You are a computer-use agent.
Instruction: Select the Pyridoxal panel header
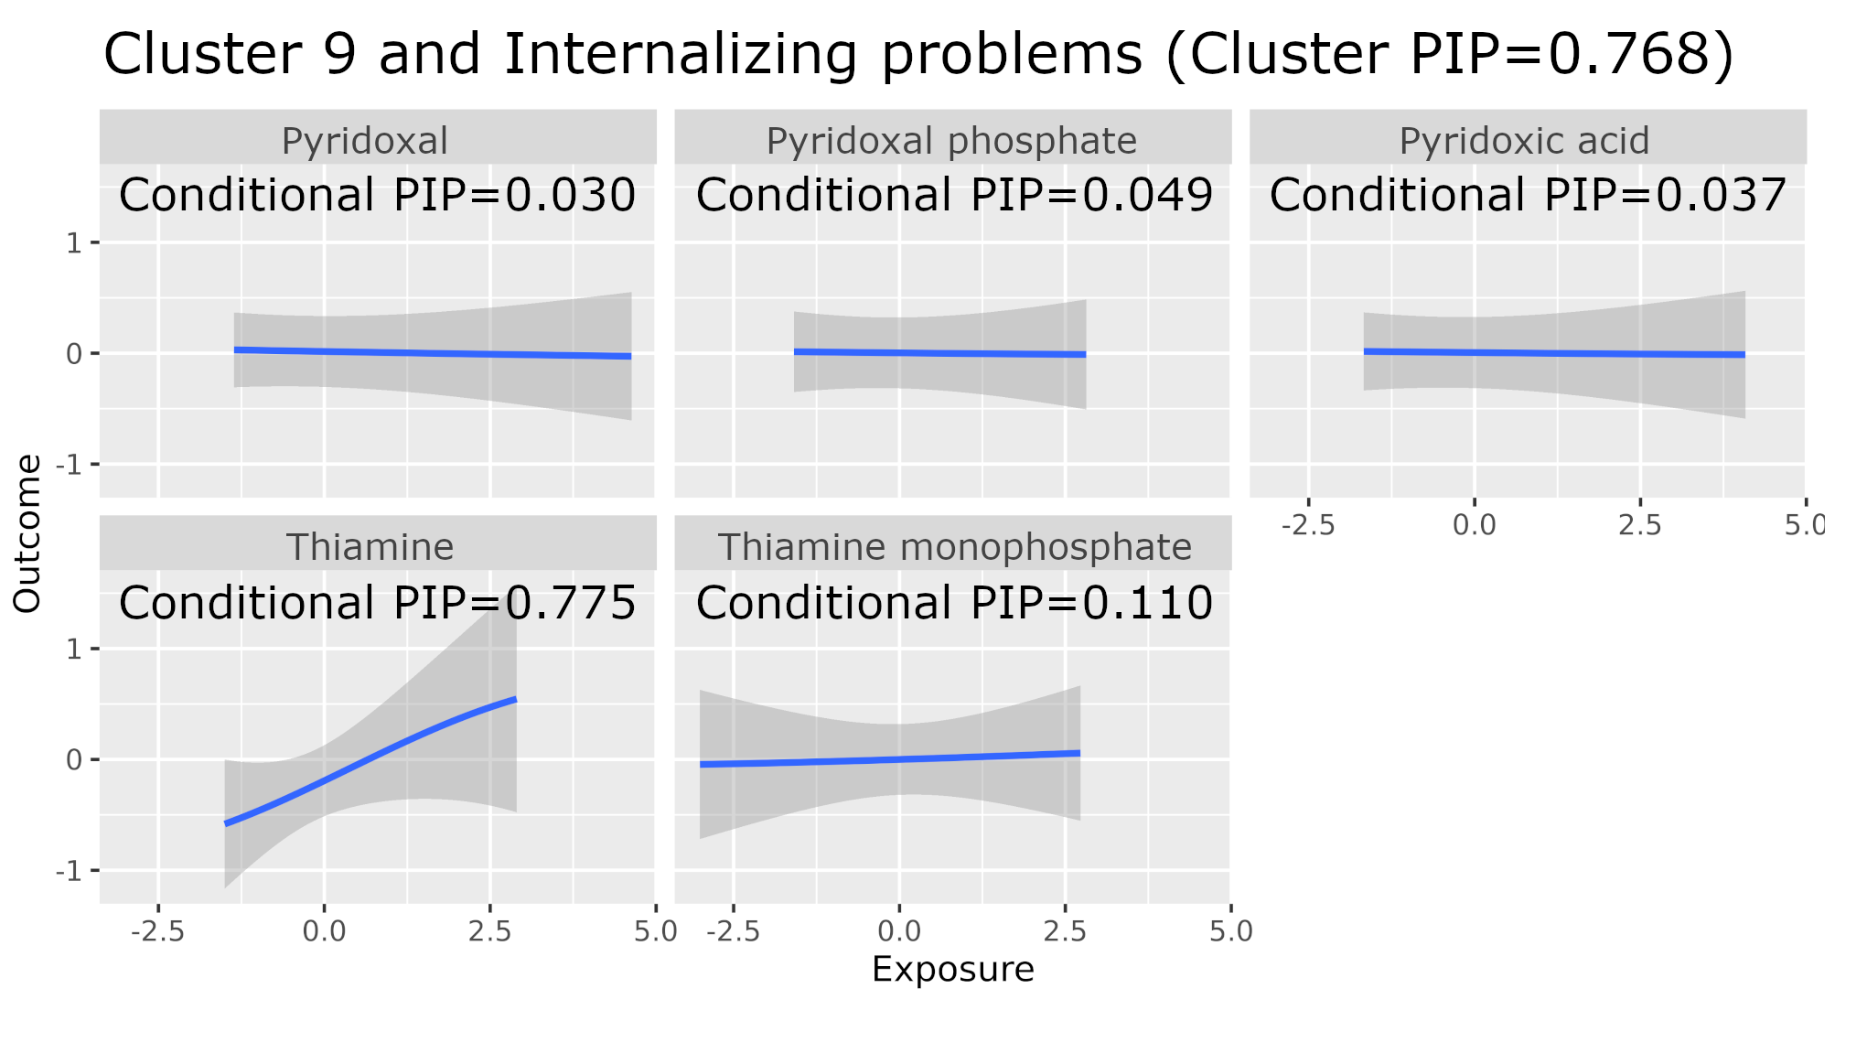click(364, 141)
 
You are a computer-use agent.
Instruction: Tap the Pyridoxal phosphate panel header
click(951, 141)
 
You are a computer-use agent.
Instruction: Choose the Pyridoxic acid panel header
click(1524, 141)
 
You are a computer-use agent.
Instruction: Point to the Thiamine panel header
click(370, 547)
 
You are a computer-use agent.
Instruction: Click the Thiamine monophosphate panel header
click(954, 547)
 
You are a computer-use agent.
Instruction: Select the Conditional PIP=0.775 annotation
click(377, 603)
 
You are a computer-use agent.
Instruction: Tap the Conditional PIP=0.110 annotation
click(954, 603)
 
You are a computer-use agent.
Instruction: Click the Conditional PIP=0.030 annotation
click(377, 195)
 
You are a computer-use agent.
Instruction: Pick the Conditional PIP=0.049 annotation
click(954, 195)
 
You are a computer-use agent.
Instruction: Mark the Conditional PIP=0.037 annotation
click(1528, 195)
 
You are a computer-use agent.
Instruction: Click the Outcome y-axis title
click(27, 533)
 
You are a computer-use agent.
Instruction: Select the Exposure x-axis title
click(952, 969)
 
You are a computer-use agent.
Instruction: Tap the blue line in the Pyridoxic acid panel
click(1555, 353)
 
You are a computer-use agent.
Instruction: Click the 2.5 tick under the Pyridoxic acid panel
click(1639, 525)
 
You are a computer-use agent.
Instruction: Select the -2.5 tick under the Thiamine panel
click(158, 931)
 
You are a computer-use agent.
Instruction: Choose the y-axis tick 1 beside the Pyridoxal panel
click(73, 243)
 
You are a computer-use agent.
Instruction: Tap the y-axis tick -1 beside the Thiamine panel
click(69, 870)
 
